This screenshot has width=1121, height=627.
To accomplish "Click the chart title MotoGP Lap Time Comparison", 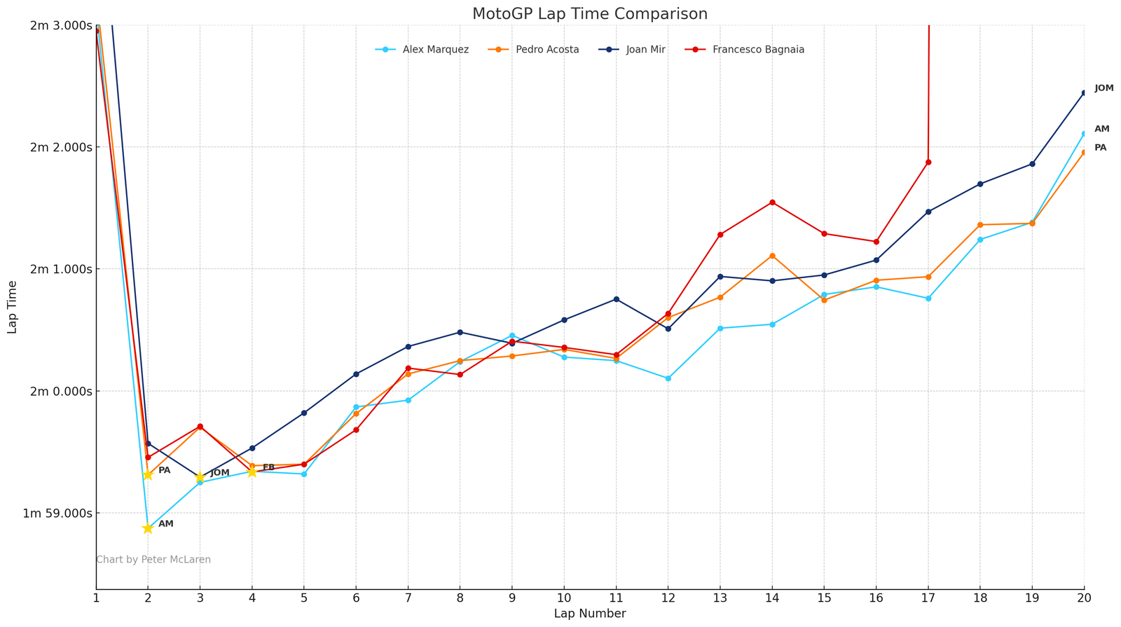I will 589,14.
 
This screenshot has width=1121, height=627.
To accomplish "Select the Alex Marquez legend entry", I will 435,50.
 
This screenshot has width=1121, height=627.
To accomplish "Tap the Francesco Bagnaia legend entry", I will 757,50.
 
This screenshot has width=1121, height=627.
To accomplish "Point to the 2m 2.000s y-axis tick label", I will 61,147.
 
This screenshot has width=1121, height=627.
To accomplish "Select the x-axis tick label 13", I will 720,598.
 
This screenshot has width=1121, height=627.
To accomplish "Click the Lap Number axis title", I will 589,614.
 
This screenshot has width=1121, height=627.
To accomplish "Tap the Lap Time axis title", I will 13,307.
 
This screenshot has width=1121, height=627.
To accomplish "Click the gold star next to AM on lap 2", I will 148,528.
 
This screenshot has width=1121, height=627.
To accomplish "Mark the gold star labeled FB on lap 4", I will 252,471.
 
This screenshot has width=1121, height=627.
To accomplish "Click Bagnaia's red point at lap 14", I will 772,202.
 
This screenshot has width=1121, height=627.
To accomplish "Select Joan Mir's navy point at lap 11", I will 616,299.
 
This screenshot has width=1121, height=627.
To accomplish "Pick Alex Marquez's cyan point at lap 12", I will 668,378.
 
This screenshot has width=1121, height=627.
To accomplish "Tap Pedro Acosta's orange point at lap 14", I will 772,256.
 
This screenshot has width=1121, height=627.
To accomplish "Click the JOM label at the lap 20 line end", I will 1103,88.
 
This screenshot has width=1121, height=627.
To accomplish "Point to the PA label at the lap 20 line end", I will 1100,148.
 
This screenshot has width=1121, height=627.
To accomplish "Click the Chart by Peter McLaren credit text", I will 153,560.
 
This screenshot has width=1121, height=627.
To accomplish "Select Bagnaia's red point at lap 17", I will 928,162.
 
